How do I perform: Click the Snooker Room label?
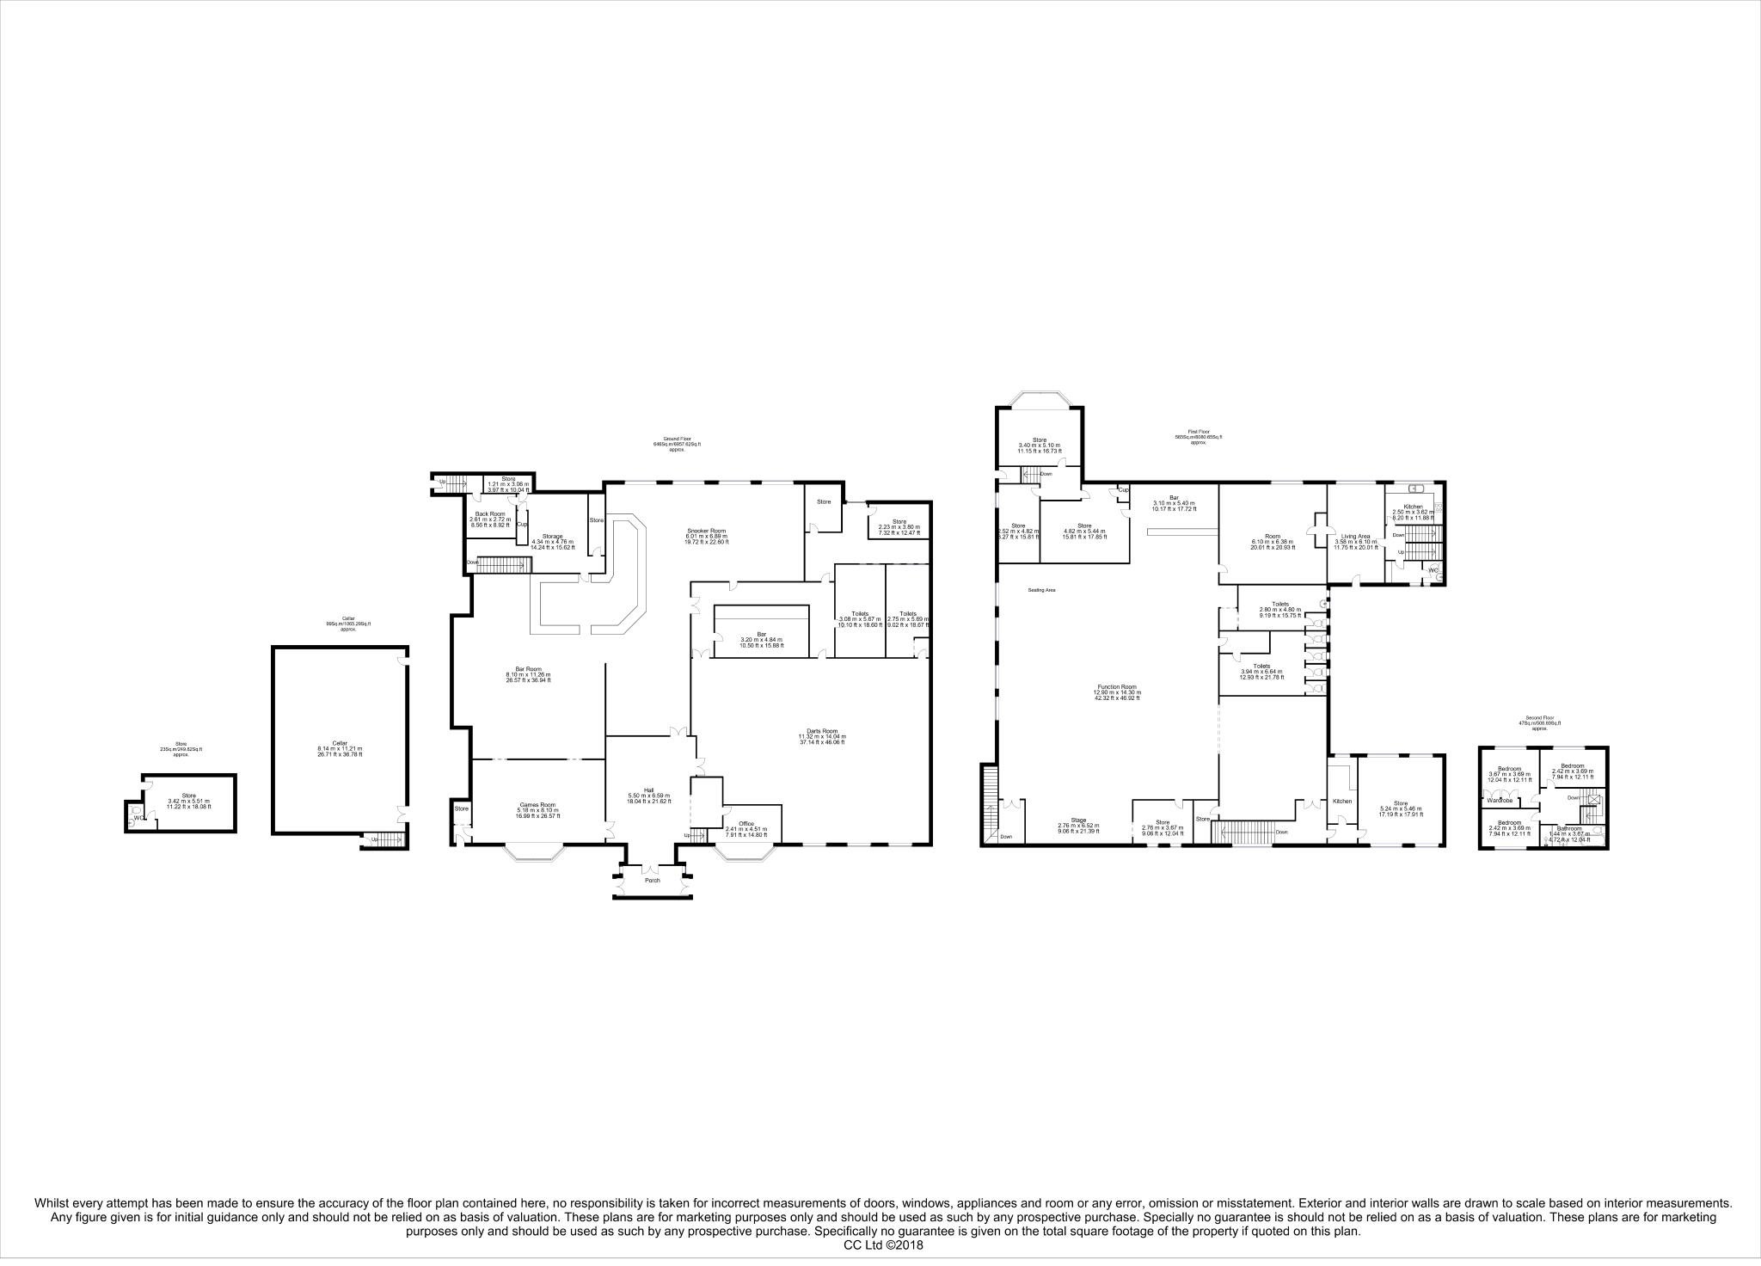[x=707, y=531]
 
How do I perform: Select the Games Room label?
[x=537, y=805]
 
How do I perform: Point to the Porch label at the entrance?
[x=653, y=880]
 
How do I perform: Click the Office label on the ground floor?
[x=746, y=823]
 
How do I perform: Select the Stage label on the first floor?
[x=1078, y=820]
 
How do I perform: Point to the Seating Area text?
[x=1041, y=590]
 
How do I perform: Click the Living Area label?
[x=1355, y=536]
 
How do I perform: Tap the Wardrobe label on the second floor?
[x=1500, y=801]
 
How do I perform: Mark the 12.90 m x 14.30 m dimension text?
[x=1116, y=692]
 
